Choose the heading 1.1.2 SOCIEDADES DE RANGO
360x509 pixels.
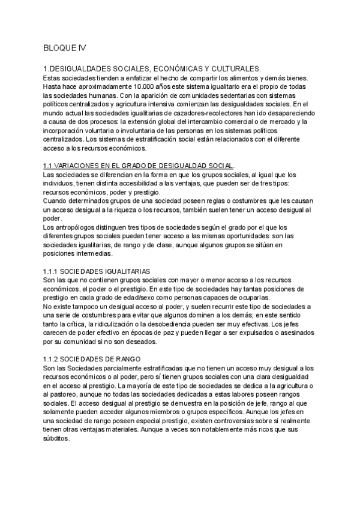coord(92,358)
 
